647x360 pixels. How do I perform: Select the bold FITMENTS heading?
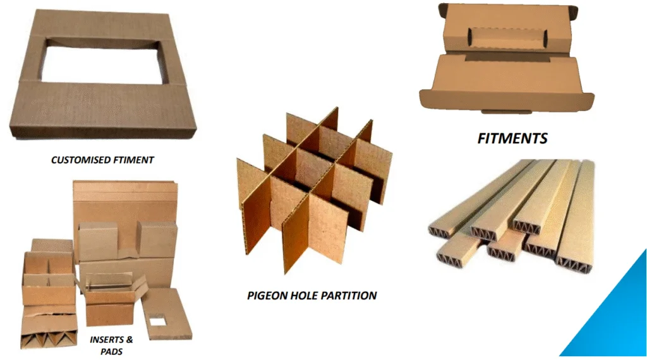click(512, 138)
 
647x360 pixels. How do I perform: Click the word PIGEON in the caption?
click(266, 295)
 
